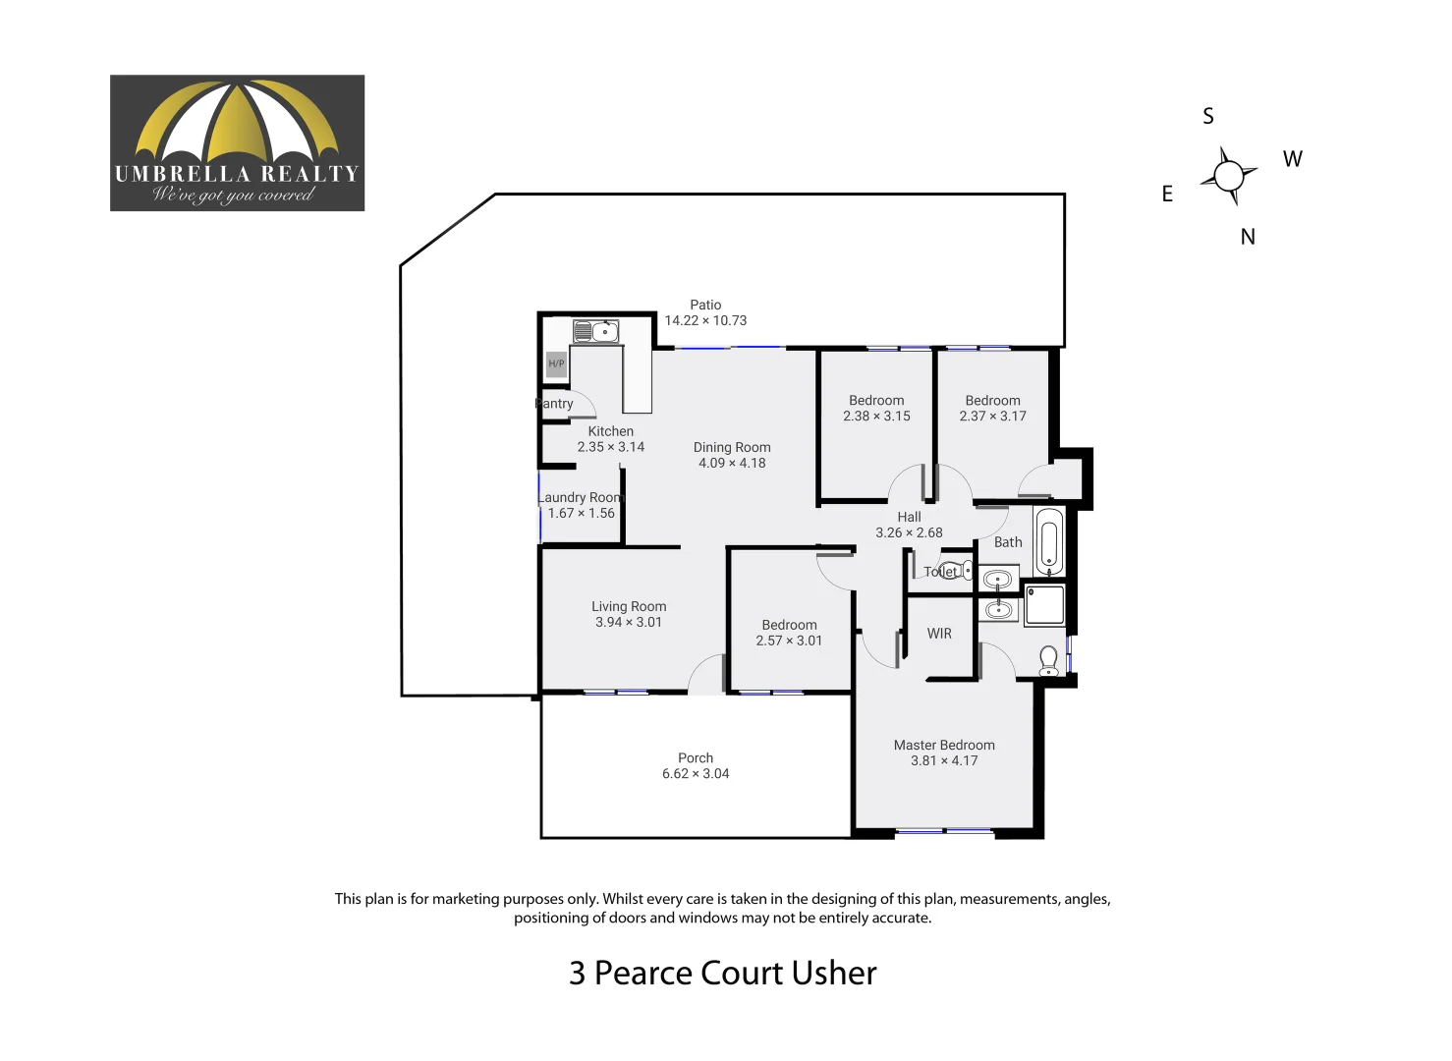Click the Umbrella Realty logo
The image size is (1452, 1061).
(237, 143)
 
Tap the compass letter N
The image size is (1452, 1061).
(1248, 237)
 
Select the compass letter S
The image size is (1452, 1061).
(1208, 117)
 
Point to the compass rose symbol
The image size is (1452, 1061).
(1228, 176)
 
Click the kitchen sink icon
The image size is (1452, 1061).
(595, 331)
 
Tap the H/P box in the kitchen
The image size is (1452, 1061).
(556, 363)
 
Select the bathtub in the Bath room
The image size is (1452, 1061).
(1048, 541)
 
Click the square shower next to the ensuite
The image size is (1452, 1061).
(1044, 605)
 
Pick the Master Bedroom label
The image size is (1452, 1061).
(944, 745)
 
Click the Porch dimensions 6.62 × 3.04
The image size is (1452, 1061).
(696, 774)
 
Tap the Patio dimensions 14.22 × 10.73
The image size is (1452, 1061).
(705, 320)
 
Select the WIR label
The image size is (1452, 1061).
(939, 634)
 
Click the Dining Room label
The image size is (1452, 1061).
(732, 447)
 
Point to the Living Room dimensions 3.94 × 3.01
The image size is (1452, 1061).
(629, 622)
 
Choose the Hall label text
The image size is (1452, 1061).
(909, 517)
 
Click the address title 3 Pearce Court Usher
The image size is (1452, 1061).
(722, 973)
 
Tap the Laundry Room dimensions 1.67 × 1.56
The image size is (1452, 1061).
(582, 513)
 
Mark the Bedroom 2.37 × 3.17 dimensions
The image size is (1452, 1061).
(992, 417)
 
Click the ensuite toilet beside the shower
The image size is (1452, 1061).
(1049, 660)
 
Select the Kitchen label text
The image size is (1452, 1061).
(611, 431)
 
